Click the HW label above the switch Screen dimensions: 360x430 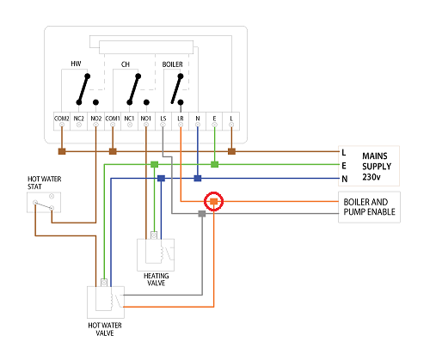[77, 64]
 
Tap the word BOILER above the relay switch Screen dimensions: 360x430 [175, 64]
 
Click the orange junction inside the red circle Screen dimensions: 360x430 [212, 203]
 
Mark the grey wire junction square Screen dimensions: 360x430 [201, 214]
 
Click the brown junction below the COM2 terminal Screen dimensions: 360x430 [61, 152]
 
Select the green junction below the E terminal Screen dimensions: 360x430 [214, 162]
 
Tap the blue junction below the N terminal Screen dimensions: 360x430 [197, 179]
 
